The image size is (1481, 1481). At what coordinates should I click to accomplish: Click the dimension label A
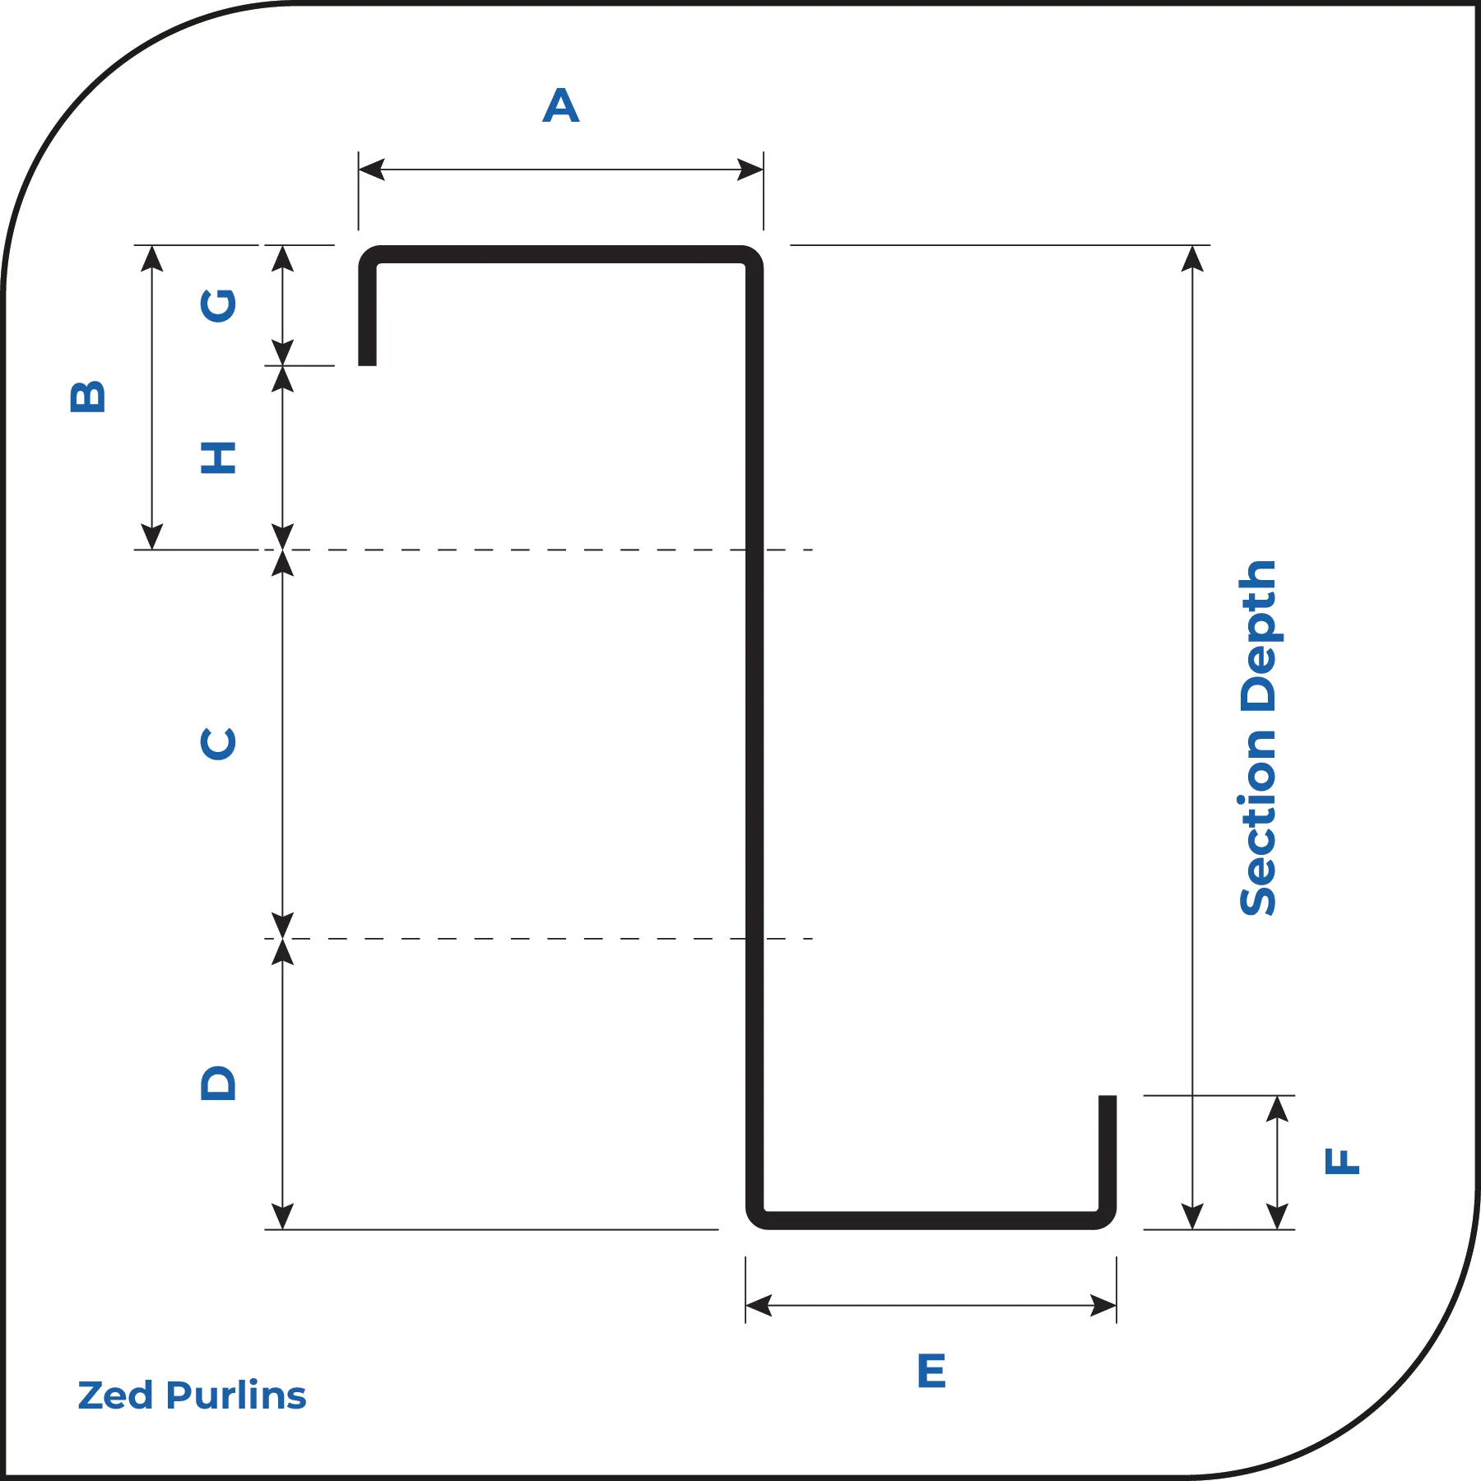(561, 105)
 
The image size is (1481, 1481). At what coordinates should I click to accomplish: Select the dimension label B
(88, 397)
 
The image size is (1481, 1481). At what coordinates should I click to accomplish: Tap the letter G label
(219, 305)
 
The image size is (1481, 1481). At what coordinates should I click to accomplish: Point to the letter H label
(219, 457)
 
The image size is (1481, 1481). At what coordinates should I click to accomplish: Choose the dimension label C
(219, 744)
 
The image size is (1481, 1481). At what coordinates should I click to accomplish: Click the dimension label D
(219, 1083)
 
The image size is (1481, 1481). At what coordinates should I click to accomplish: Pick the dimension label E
(931, 1371)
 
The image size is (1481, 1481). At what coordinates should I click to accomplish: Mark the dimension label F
(1342, 1161)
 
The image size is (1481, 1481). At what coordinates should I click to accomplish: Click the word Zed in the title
(115, 1395)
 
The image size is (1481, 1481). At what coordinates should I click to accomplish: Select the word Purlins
(236, 1395)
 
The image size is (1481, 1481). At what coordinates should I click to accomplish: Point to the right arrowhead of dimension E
(1103, 1305)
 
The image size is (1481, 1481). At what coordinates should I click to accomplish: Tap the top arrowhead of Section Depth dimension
(1192, 258)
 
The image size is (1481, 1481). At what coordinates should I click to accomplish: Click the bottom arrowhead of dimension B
(152, 536)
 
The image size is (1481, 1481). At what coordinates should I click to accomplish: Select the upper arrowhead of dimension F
(1277, 1109)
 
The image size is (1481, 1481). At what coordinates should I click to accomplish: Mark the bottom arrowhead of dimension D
(282, 1216)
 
